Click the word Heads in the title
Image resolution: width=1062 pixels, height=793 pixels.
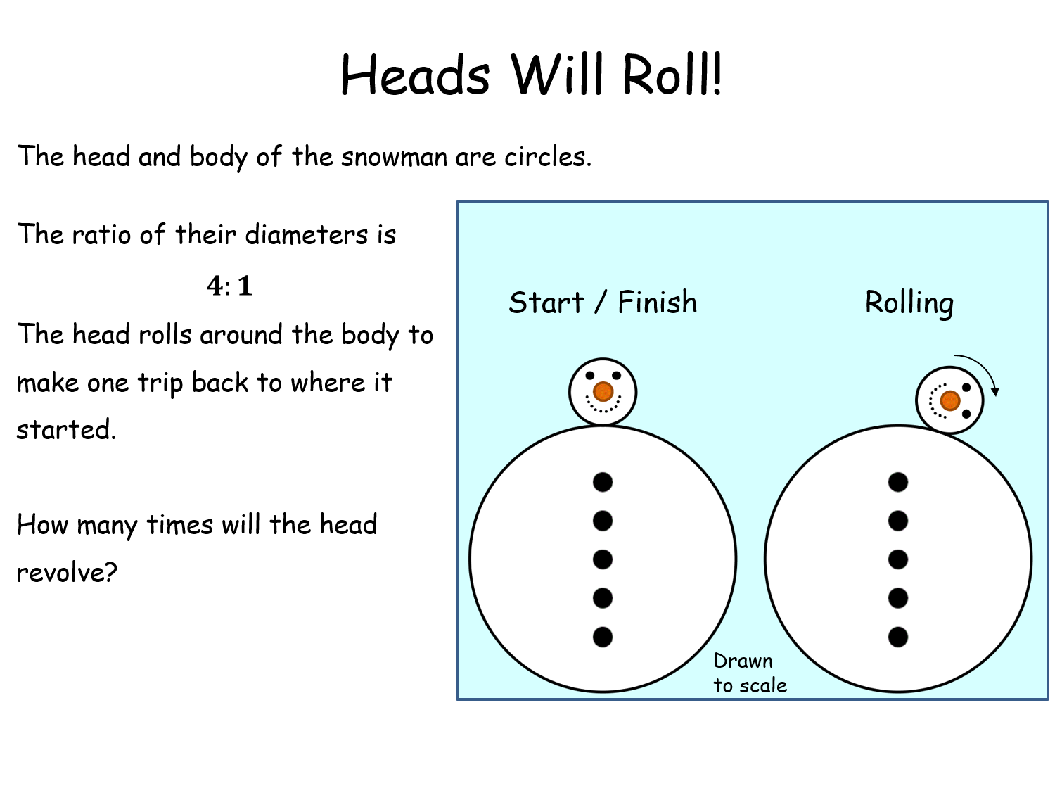coord(415,75)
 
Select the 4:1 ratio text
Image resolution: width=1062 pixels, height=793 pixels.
coord(229,286)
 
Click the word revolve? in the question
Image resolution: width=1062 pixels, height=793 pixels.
coord(67,573)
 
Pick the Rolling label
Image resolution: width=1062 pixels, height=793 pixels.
coord(909,303)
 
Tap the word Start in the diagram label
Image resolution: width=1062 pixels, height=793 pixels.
coord(546,303)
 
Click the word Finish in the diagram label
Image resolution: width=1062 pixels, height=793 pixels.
coord(657,303)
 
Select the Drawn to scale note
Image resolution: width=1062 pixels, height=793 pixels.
coord(749,673)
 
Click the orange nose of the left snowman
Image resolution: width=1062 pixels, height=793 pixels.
coord(603,392)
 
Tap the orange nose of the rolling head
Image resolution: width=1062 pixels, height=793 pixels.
coord(950,400)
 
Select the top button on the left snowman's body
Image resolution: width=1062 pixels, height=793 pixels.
coord(603,482)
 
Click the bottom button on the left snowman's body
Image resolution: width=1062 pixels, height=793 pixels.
coord(603,637)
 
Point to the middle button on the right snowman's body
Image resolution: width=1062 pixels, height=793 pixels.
coord(898,559)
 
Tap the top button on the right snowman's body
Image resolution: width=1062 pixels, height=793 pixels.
coord(898,482)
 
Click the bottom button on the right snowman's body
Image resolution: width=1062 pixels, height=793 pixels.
coord(898,637)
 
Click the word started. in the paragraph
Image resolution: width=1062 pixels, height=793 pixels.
coord(66,430)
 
